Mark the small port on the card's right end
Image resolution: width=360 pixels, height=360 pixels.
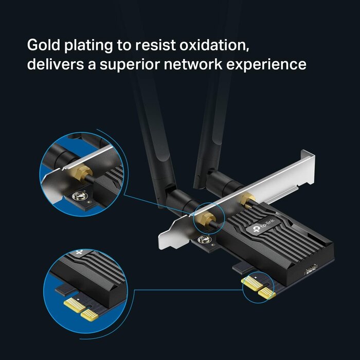point(311,269)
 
